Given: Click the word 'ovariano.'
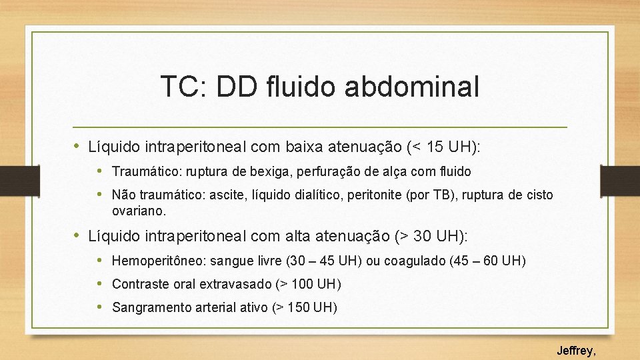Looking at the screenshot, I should (139, 211).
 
